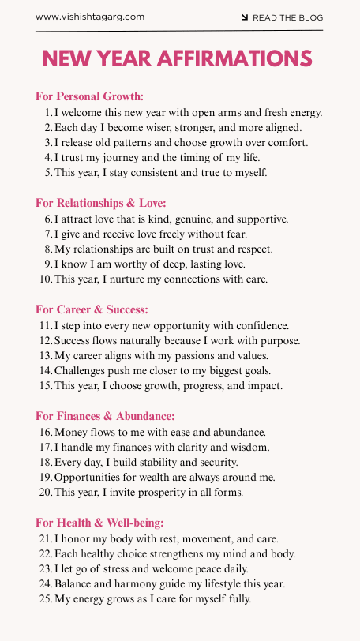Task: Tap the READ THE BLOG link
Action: click(287, 17)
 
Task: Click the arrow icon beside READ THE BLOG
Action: click(245, 17)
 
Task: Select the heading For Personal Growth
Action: click(89, 96)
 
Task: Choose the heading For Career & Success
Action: click(92, 309)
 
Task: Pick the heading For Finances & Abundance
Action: click(105, 416)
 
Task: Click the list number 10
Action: click(45, 279)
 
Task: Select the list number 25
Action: click(45, 598)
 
